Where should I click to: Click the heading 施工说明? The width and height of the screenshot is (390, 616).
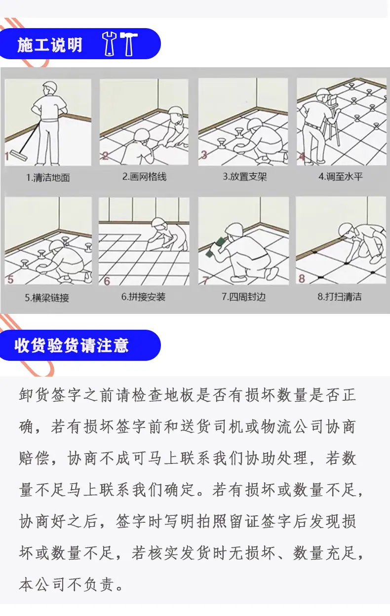click(50, 45)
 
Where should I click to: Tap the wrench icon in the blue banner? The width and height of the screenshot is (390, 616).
click(110, 44)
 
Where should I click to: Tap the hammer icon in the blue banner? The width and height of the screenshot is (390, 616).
click(129, 44)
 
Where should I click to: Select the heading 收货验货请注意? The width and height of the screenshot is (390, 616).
click(72, 345)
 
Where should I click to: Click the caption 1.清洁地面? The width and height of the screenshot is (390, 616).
click(48, 178)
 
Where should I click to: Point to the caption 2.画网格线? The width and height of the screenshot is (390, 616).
click(144, 177)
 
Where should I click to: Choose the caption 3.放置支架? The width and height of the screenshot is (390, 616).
click(244, 177)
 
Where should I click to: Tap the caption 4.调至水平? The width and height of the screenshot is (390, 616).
click(341, 176)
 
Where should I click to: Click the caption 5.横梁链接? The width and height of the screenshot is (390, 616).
click(47, 298)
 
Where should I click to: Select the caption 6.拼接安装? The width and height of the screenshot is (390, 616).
click(143, 297)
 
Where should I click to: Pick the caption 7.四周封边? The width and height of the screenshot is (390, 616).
click(244, 297)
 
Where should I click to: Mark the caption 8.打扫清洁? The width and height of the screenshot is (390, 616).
click(339, 297)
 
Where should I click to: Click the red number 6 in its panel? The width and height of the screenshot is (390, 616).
click(107, 281)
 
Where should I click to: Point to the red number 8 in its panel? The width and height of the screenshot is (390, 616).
click(302, 278)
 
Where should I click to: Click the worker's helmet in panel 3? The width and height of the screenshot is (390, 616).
click(255, 124)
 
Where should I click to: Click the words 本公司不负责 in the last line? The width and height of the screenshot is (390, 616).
click(66, 584)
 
